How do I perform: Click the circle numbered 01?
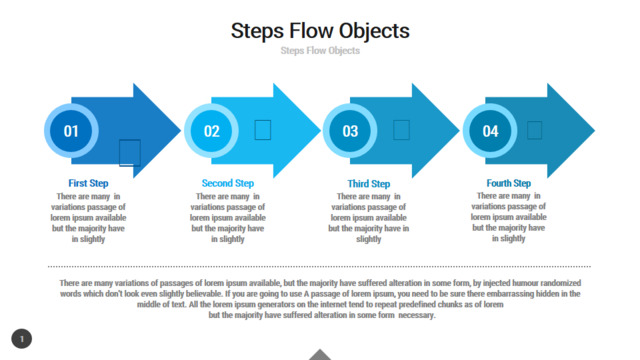coord(71,131)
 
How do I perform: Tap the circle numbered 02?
coord(211,131)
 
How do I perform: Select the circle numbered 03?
coord(350,131)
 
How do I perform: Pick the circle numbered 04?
coord(490,131)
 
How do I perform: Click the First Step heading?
coord(88,183)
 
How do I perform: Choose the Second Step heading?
coord(228,183)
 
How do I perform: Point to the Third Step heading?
coord(369,184)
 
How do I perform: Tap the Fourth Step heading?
coord(509,183)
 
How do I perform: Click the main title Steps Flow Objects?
coord(320,31)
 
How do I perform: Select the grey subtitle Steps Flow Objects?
coord(320,51)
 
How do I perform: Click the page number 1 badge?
coord(22,339)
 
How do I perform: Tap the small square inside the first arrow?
coord(130,153)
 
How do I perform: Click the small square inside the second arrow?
coord(262,130)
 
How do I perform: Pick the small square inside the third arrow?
coord(401,130)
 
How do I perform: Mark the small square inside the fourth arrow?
coord(534,130)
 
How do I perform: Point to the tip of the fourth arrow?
coord(595,131)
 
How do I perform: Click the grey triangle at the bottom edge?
coord(320,355)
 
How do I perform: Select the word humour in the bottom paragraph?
coord(525,283)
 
